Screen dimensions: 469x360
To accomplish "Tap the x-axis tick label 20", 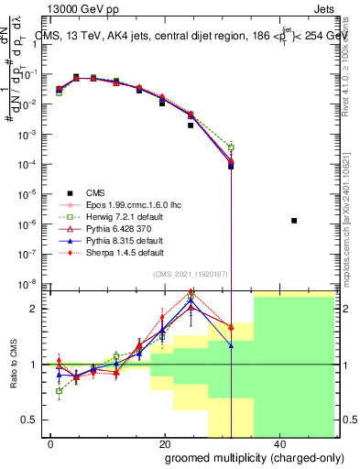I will click(x=164, y=443).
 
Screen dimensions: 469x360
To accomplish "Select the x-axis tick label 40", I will click(x=278, y=443).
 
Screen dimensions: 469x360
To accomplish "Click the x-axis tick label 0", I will click(x=51, y=443).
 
